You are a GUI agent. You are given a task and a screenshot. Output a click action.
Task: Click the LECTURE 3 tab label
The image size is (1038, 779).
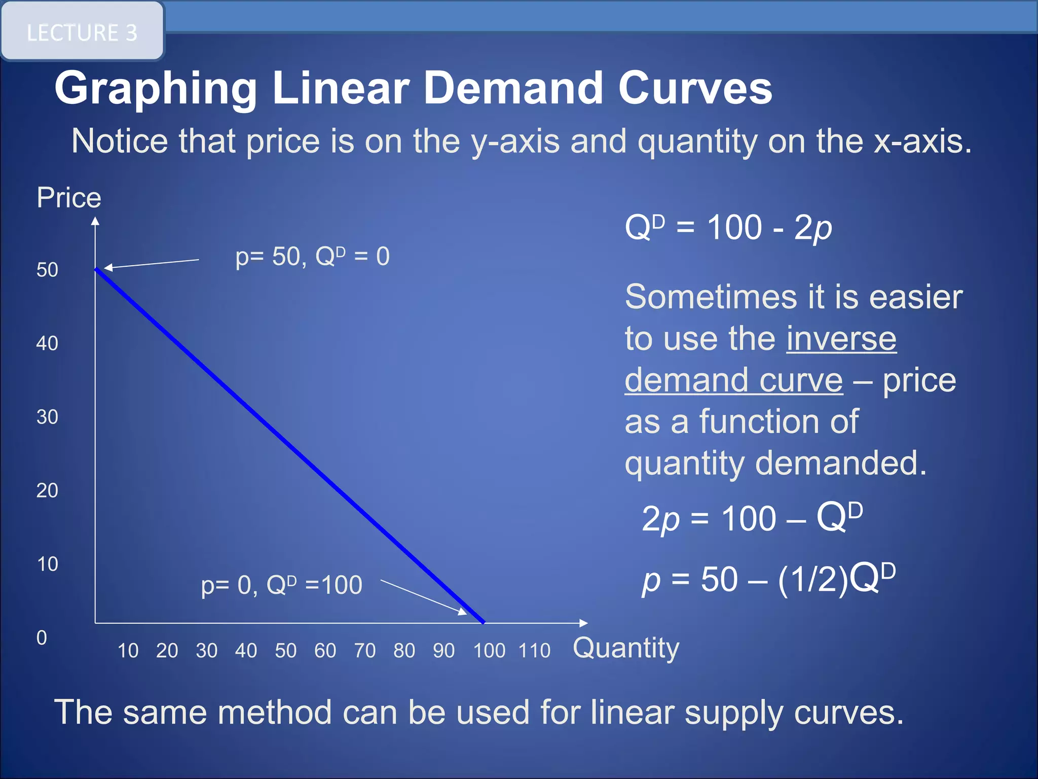coord(82,33)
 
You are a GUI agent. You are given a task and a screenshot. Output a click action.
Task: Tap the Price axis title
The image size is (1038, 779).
coord(69,198)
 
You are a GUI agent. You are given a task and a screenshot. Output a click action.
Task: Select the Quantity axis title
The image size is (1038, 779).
coord(626,648)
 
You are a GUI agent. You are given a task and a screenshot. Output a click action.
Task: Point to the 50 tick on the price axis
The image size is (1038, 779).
coord(47,270)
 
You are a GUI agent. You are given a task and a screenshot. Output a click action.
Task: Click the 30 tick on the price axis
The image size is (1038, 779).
coord(47,417)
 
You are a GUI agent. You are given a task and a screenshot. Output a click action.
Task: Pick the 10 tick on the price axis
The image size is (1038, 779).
coord(47,564)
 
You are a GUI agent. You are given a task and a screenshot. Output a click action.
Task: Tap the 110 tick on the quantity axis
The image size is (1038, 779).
coord(534,651)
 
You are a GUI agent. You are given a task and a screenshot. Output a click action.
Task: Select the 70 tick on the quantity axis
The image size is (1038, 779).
coord(365,651)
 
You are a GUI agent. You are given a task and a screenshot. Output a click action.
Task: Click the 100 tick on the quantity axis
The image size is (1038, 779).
coord(489,651)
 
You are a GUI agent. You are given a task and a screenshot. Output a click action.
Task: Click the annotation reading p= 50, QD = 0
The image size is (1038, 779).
coord(312,257)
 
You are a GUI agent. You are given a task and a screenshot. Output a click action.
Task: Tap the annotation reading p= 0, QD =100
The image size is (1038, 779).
coord(282,585)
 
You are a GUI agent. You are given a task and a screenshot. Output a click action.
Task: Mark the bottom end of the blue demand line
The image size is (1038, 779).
coord(484,622)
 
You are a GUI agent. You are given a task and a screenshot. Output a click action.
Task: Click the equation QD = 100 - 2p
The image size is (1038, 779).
coord(728,228)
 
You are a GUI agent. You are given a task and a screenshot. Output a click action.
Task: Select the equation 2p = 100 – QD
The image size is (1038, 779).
coord(752,518)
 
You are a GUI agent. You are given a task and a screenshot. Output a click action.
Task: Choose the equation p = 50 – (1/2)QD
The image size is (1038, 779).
coord(768,579)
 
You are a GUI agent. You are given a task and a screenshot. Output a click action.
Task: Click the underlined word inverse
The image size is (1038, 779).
coord(841,339)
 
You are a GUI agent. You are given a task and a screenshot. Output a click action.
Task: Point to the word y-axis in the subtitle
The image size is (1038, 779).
coord(515,141)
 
